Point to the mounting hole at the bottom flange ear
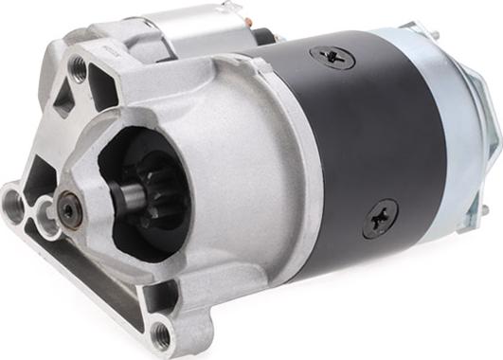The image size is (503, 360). click(x=162, y=331)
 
